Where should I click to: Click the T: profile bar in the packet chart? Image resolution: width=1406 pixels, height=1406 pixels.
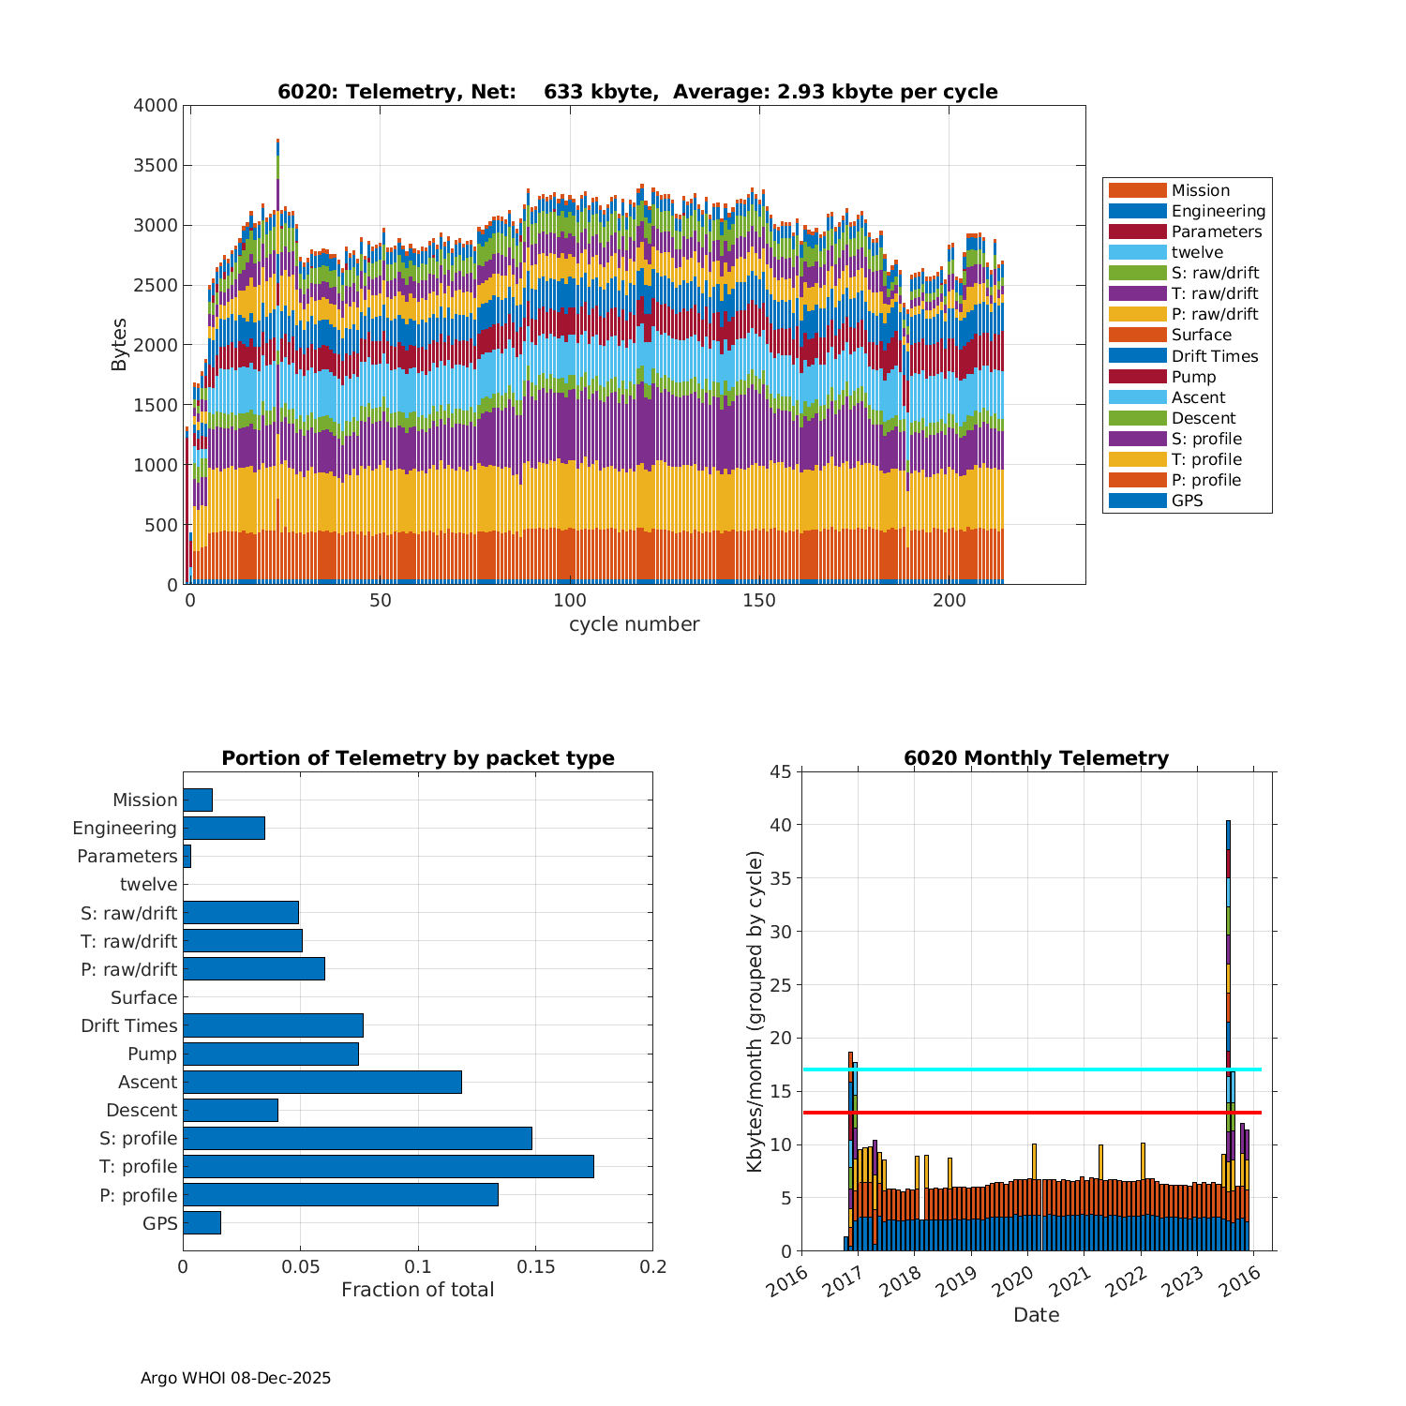tap(388, 1166)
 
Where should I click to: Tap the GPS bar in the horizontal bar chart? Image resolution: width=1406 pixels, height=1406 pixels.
tap(202, 1222)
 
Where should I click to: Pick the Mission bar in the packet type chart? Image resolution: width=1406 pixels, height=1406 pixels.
tap(198, 800)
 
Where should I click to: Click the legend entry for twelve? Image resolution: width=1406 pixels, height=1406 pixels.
tap(1197, 252)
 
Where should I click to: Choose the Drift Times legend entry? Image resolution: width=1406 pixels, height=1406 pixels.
tap(1214, 356)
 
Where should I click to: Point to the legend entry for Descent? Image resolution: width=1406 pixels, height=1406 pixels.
tap(1203, 418)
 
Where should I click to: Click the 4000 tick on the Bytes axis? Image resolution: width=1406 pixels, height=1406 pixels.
tap(155, 106)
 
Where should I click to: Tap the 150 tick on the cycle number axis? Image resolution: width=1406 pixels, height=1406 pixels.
tap(759, 601)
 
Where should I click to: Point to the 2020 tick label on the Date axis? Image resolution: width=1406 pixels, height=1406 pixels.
tap(1013, 1281)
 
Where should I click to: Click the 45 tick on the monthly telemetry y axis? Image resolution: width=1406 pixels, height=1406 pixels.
tap(782, 771)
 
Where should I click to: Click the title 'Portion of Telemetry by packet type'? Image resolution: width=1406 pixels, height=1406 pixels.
tap(418, 758)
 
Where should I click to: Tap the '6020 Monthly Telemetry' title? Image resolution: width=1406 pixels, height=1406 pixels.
tap(1036, 758)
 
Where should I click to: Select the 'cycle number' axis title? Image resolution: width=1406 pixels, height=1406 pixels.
tap(634, 624)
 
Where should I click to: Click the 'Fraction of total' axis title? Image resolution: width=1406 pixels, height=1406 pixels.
tap(417, 1290)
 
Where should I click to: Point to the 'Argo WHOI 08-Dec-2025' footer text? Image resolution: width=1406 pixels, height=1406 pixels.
tap(235, 1378)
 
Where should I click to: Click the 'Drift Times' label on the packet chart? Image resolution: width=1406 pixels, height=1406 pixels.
tap(128, 1025)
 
